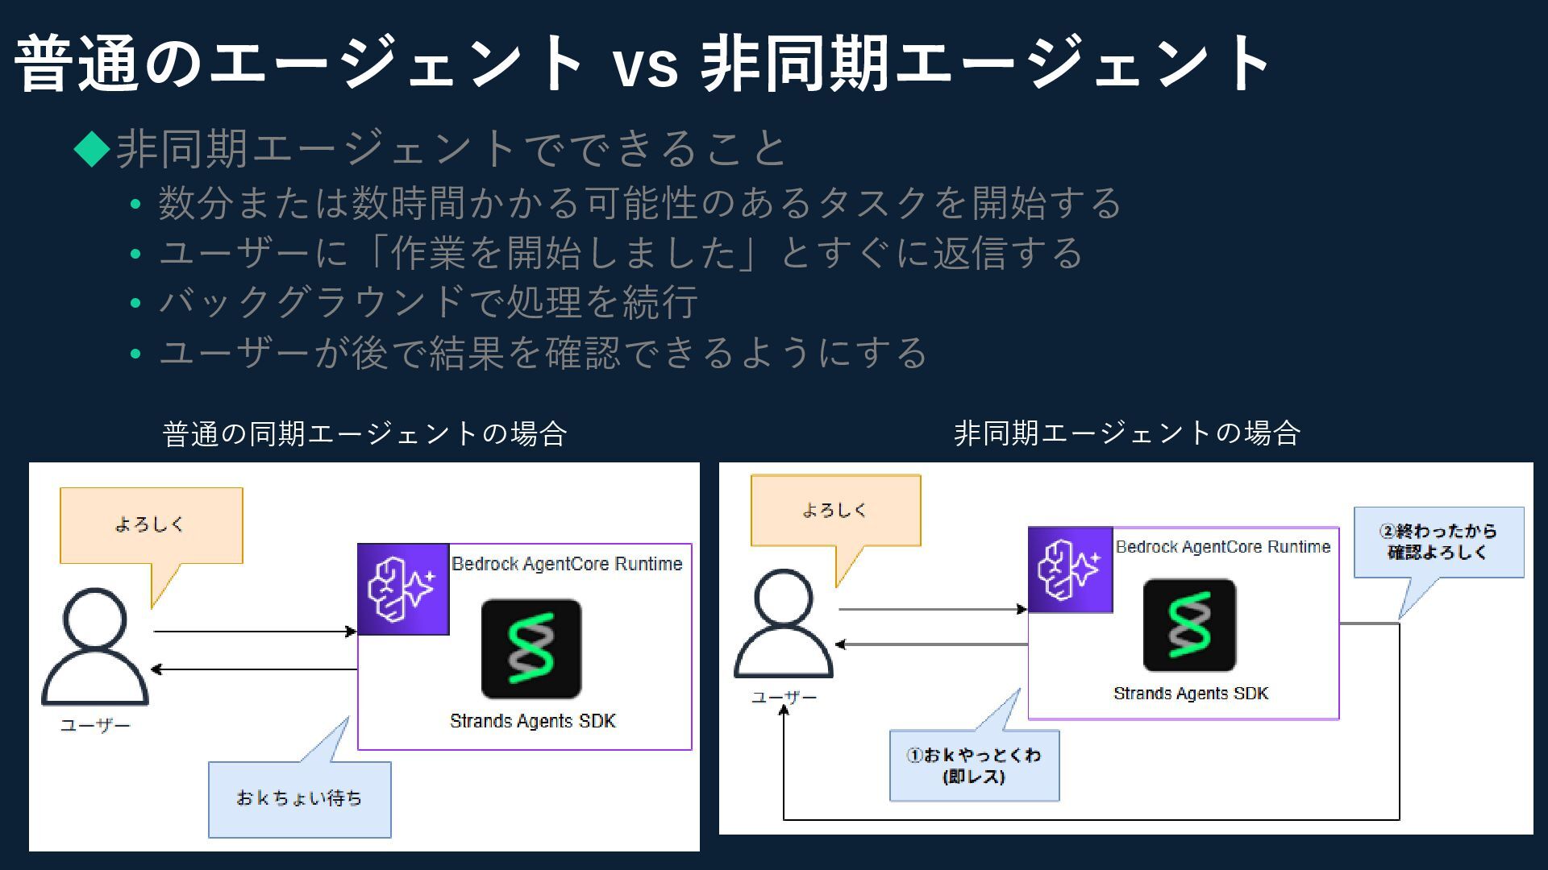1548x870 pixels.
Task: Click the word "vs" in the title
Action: click(645, 64)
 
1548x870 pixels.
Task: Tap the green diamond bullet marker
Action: click(92, 148)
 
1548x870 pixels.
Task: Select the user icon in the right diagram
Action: click(783, 624)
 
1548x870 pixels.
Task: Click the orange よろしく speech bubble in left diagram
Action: click(151, 525)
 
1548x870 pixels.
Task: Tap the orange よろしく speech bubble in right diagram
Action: click(835, 511)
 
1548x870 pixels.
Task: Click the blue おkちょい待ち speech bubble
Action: click(299, 799)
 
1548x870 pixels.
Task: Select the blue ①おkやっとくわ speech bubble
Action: click(974, 765)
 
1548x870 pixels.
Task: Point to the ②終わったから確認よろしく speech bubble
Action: click(1438, 542)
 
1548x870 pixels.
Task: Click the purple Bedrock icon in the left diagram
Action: click(403, 590)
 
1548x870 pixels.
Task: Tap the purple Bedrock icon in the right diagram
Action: click(1070, 570)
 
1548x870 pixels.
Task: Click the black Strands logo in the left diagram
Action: click(531, 648)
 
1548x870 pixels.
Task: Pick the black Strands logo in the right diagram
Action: click(1189, 625)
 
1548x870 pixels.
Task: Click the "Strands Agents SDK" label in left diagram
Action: click(532, 721)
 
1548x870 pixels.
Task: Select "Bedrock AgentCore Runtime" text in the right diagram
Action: click(1222, 547)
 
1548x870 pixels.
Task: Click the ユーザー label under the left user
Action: click(95, 726)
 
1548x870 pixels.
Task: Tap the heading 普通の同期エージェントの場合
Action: click(364, 434)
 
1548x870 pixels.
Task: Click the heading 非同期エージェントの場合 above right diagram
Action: click(1126, 433)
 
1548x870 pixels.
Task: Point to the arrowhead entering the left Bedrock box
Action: click(352, 632)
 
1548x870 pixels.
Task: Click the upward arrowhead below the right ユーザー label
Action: click(784, 710)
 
